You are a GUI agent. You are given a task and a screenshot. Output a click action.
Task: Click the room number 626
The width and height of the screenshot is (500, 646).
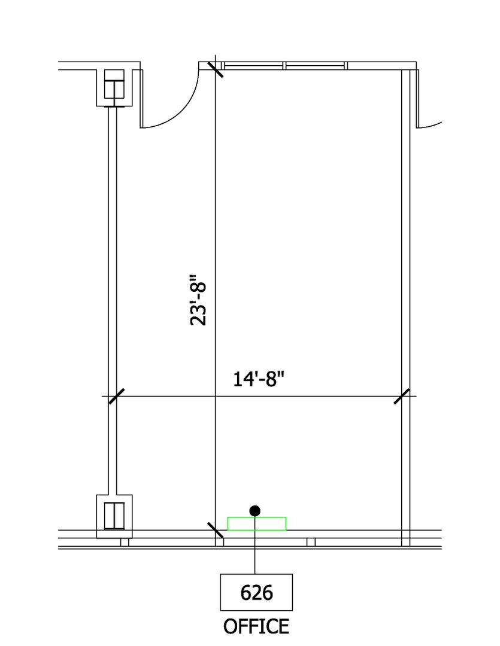[x=256, y=593]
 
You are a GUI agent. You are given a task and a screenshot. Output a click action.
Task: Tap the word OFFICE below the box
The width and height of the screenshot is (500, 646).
[x=256, y=627]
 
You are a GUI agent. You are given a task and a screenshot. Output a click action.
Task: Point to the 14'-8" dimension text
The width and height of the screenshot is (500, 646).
[x=259, y=379]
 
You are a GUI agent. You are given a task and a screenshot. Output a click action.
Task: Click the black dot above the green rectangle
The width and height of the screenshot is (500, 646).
[x=255, y=511]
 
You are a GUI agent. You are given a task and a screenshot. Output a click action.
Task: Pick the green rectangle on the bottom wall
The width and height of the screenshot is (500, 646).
[x=257, y=523]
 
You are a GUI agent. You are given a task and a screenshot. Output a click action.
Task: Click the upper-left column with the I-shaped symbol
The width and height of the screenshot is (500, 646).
[x=114, y=88]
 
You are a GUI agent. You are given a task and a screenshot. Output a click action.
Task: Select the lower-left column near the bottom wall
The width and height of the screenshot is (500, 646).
[x=114, y=516]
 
